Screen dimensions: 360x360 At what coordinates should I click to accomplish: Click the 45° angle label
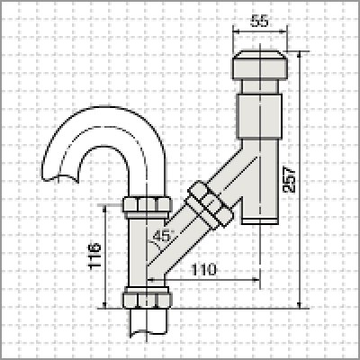click(163, 238)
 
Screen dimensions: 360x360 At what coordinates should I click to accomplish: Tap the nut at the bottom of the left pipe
click(145, 297)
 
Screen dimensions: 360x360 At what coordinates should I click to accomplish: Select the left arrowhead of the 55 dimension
click(236, 32)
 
